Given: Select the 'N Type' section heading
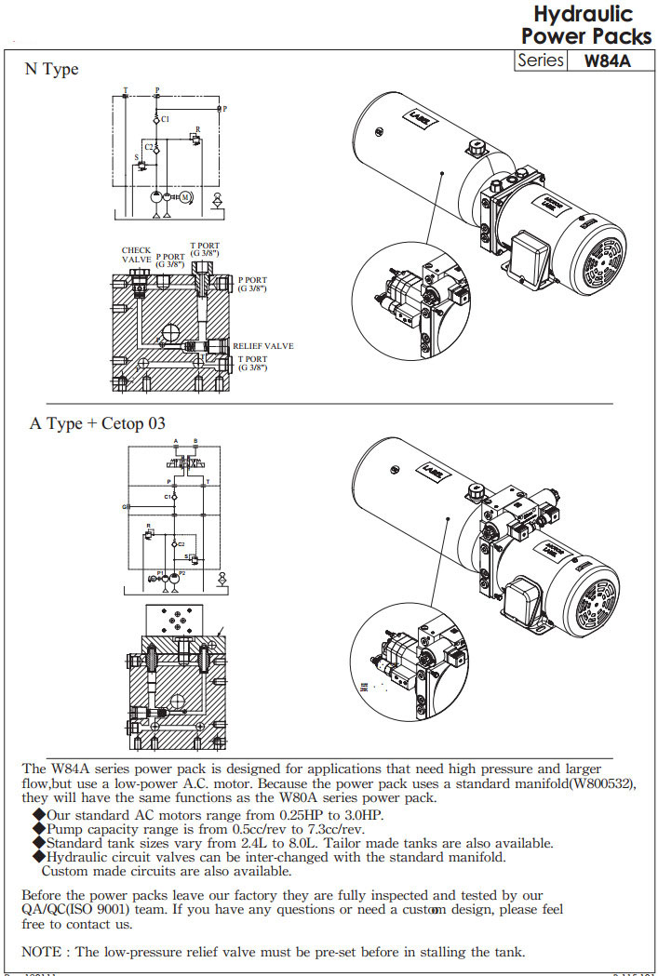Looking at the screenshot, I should coord(52,70).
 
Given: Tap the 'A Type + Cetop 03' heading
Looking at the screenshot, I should coord(98,423).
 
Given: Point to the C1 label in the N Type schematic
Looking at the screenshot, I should coord(165,120).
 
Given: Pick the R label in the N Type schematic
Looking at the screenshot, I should coord(197,129).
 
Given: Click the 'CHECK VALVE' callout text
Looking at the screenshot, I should coord(136,256).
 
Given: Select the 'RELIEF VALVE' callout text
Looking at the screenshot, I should coord(263,346).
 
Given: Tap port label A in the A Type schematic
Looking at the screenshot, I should coord(176,440).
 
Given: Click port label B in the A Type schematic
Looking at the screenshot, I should coord(195,440).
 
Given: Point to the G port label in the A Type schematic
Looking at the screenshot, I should coord(124,507).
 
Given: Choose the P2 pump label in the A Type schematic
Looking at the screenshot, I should coord(182,573).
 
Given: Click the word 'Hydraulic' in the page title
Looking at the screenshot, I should coord(584,15).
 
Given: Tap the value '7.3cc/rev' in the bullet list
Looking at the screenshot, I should coord(329,829).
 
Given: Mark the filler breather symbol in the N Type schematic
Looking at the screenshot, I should coord(218,197).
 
